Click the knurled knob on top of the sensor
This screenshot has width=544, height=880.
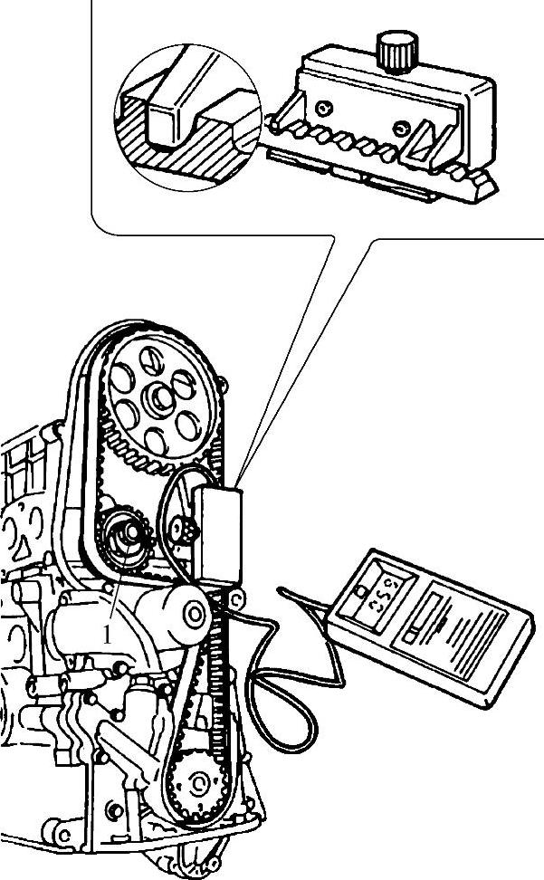pos(395,51)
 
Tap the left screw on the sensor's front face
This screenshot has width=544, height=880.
pos(323,110)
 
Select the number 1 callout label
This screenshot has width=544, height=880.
pos(107,635)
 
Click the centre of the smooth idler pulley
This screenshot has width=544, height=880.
pos(194,614)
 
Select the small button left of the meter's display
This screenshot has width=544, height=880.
pos(360,595)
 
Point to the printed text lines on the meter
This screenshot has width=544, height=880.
pos(471,638)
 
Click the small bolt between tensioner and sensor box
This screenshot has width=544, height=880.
pos(184,531)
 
